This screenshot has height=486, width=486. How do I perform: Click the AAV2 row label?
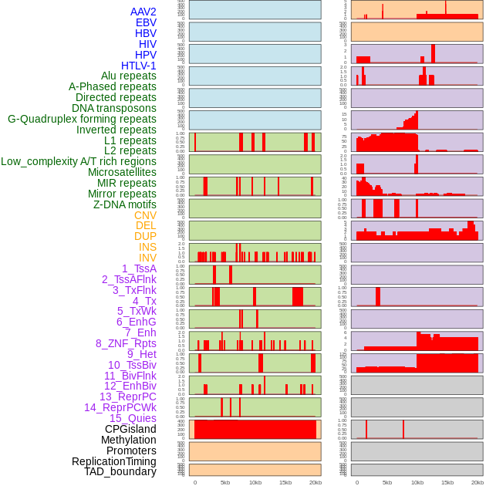pyautogui.click(x=143, y=12)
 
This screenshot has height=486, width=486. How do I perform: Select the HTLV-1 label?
pyautogui.click(x=139, y=66)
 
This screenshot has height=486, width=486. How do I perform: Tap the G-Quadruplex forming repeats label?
pyautogui.click(x=82, y=119)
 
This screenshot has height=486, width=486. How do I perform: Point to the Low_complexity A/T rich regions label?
pyautogui.click(x=79, y=161)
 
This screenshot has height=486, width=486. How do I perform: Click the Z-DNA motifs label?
pyautogui.click(x=125, y=204)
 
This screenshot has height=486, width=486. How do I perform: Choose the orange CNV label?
pyautogui.click(x=145, y=215)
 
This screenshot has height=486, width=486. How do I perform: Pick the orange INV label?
pyautogui.click(x=147, y=258)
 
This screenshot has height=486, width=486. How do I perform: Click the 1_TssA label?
pyautogui.click(x=139, y=268)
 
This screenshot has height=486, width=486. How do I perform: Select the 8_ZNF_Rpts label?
pyautogui.click(x=126, y=343)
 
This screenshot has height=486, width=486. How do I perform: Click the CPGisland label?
pyautogui.click(x=130, y=429)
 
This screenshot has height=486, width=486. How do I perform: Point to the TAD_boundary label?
pyautogui.click(x=120, y=471)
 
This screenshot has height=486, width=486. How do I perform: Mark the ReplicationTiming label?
pyautogui.click(x=113, y=461)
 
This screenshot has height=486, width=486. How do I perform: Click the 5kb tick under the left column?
pyautogui.click(x=225, y=482)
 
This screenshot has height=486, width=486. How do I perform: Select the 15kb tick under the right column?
pyautogui.click(x=447, y=482)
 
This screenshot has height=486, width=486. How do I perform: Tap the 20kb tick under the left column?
pyautogui.click(x=316, y=482)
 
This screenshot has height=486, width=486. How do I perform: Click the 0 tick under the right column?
pyautogui.click(x=356, y=482)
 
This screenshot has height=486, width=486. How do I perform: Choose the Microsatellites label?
pyautogui.click(x=122, y=172)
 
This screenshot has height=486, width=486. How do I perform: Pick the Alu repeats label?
pyautogui.click(x=129, y=76)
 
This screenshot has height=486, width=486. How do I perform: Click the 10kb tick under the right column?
pyautogui.click(x=417, y=482)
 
